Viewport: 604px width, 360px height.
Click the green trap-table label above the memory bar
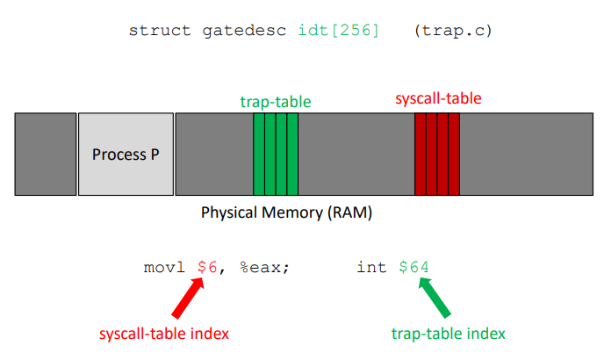276,102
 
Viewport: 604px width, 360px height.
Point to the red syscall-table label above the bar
438,98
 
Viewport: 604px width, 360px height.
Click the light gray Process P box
126,154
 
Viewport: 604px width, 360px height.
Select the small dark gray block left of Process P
46,154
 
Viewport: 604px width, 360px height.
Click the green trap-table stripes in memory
276,154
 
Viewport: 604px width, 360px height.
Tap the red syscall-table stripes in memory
437,154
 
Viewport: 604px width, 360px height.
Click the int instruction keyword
371,266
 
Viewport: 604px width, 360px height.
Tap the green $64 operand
413,266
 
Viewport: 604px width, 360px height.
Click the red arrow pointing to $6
189,298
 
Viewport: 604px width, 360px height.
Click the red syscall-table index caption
165,334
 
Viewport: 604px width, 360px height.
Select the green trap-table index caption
448,334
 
